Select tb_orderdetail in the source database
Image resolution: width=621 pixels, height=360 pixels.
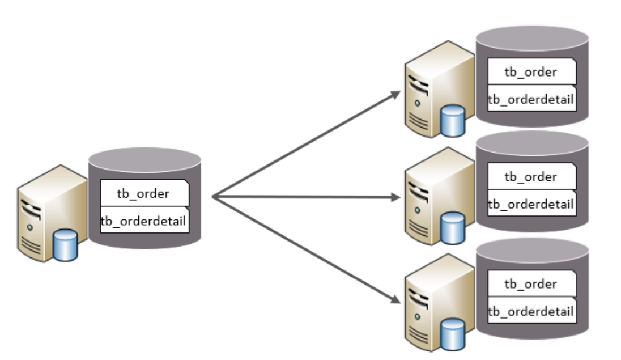[143, 221]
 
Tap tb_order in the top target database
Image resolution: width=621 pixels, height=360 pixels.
[530, 71]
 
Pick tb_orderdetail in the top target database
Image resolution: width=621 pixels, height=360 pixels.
[531, 99]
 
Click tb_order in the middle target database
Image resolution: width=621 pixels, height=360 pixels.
[530, 176]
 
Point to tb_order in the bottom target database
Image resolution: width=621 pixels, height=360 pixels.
[530, 283]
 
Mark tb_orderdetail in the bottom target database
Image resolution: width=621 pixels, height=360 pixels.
[531, 310]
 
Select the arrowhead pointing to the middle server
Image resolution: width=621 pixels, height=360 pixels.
[397, 197]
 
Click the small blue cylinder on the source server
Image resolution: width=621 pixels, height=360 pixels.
[65, 245]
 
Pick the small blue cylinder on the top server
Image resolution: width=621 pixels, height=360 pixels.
[453, 121]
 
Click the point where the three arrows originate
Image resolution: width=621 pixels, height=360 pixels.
[212, 197]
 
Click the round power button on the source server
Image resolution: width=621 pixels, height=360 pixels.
[29, 227]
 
